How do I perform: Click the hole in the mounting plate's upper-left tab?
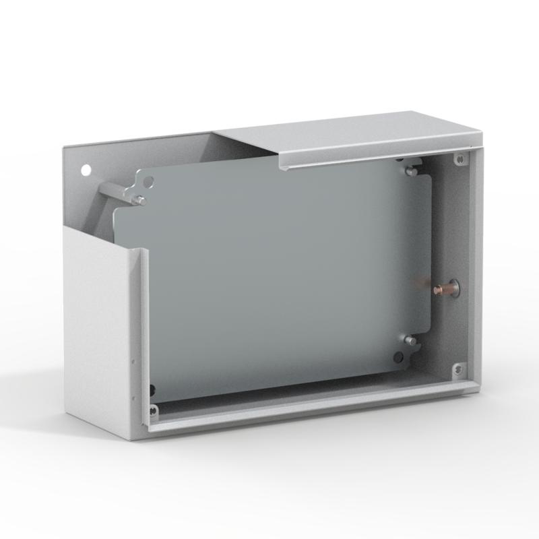click(x=149, y=181)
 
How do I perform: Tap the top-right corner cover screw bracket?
click(x=459, y=160)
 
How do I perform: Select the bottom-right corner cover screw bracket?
click(x=458, y=370)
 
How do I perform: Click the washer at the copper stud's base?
click(x=453, y=288)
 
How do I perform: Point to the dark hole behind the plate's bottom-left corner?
click(x=152, y=389)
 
